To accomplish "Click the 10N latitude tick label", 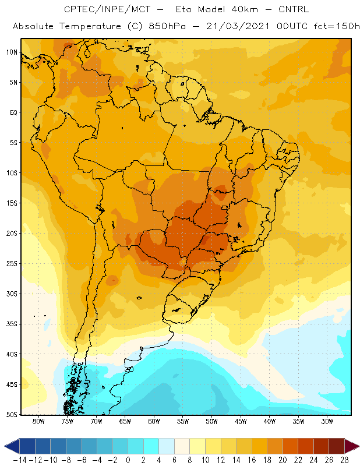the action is [x=12, y=52].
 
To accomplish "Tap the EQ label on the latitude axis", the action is [x=13, y=112].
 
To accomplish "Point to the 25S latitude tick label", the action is [x=12, y=264].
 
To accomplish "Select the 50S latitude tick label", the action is [x=12, y=415].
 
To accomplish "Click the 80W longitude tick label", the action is [x=38, y=421].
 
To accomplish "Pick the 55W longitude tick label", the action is [x=183, y=421].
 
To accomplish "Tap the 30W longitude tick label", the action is [x=327, y=421].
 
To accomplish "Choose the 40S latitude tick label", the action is [x=12, y=354].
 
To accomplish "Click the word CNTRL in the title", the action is [x=294, y=9].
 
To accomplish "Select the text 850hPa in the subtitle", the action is [x=167, y=26].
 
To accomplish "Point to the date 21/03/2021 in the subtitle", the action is [x=238, y=26].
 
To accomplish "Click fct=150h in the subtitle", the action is [x=337, y=26].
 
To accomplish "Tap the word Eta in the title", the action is [x=183, y=9].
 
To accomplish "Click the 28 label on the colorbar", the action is [x=344, y=460].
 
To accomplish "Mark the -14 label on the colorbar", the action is [x=20, y=460].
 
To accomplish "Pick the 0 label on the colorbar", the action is [x=128, y=460].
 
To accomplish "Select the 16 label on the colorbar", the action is [x=252, y=460].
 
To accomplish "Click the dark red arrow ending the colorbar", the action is [x=351, y=446].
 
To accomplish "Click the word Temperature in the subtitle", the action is [x=90, y=26].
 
